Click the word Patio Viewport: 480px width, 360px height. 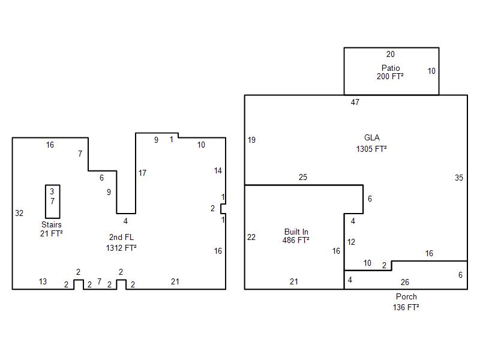coord(391,68)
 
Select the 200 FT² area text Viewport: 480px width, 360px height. coord(390,76)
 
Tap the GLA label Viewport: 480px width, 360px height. coord(372,137)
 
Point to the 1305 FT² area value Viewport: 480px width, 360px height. coord(371,149)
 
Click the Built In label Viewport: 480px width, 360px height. coord(296,232)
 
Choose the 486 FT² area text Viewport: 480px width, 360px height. coord(296,240)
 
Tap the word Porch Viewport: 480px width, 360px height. coord(406,296)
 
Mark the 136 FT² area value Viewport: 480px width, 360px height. coord(406,307)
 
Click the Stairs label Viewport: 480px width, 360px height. coord(52,224)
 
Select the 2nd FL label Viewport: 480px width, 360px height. coord(122,237)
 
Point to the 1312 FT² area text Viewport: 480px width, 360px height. coord(121,248)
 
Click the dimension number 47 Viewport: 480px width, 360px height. coord(355,102)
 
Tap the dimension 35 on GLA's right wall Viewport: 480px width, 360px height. coord(459,178)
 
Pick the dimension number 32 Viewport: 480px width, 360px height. coord(19,213)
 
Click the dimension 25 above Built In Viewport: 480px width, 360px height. coord(303,177)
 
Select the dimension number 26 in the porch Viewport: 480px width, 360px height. coord(404,282)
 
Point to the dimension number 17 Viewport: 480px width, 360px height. coord(142,173)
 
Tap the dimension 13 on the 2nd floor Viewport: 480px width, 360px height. coord(43,281)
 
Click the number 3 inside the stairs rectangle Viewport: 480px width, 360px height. coord(52,191)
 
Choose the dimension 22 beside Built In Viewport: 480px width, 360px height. coord(251,237)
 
